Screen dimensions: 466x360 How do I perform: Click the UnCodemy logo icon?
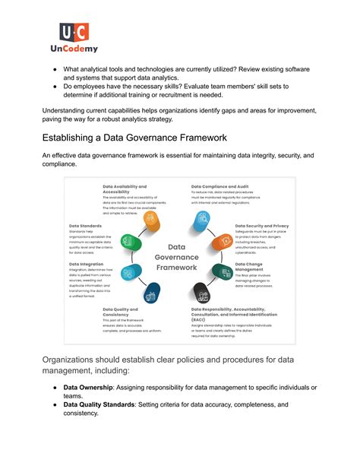pyautogui.click(x=74, y=33)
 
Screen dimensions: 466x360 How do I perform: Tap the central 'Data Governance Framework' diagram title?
pyautogui.click(x=176, y=257)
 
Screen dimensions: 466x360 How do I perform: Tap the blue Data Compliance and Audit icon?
pyautogui.click(x=201, y=221)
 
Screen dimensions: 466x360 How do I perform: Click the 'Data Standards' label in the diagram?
pyautogui.click(x=84, y=226)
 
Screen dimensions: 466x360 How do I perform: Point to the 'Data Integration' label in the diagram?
pyautogui.click(x=87, y=264)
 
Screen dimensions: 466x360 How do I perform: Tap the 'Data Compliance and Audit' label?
pyautogui.click(x=222, y=185)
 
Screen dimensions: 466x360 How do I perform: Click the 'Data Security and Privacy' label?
pyautogui.click(x=261, y=226)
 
